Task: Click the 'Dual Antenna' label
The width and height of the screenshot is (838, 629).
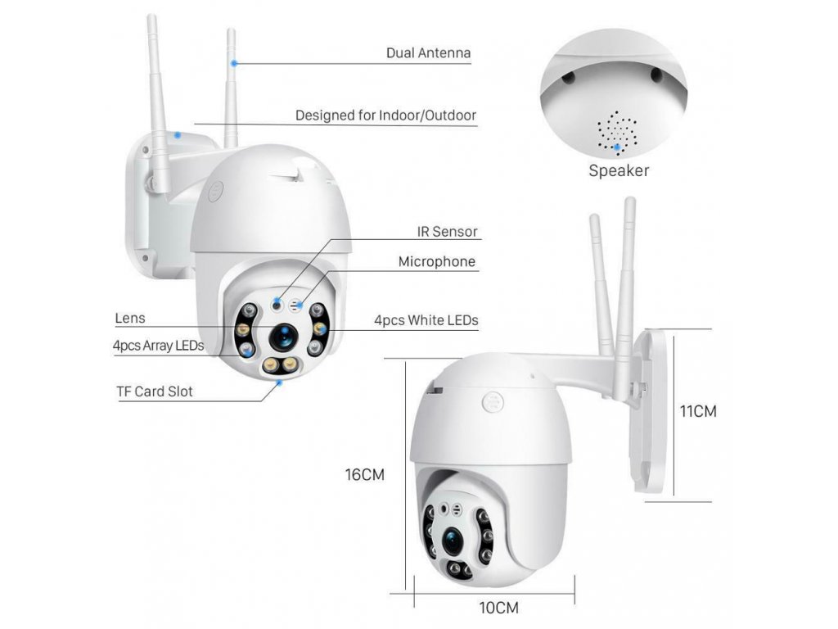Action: [x=428, y=53]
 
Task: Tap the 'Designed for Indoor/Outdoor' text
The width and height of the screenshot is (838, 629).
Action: [x=385, y=115]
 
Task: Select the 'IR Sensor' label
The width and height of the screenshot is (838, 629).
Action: [x=447, y=232]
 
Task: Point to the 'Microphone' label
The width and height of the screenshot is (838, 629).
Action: [x=437, y=261]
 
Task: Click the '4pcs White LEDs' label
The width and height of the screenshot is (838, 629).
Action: [x=426, y=320]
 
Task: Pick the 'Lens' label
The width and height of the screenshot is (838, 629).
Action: [x=130, y=319]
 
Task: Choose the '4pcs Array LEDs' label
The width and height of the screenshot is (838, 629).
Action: [x=158, y=346]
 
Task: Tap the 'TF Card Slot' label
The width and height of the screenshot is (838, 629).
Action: [x=155, y=391]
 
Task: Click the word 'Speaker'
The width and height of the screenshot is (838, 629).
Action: [x=619, y=170]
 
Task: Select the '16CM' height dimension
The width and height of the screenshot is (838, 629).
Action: [x=364, y=475]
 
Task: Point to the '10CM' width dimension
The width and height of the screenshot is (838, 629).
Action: [x=498, y=609]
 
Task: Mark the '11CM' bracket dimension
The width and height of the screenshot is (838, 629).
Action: [x=697, y=411]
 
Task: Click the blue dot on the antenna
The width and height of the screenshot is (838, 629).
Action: [x=234, y=63]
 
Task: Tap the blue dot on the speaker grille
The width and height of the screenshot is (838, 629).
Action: [x=617, y=147]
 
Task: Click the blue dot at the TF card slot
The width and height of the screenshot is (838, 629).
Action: [x=278, y=383]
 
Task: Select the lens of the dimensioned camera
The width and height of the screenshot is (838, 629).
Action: [x=452, y=541]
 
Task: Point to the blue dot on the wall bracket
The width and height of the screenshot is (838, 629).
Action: [x=178, y=135]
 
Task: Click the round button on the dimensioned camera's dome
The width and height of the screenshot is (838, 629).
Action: [x=493, y=402]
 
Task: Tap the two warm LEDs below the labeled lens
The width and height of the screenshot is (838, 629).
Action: [x=281, y=365]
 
